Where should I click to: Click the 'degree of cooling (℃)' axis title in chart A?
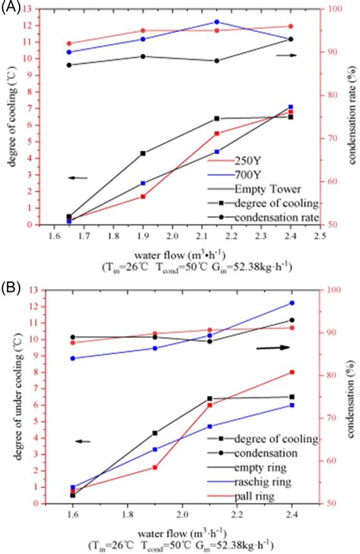coord(10,118)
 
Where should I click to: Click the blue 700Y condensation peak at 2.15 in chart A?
coord(216,22)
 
